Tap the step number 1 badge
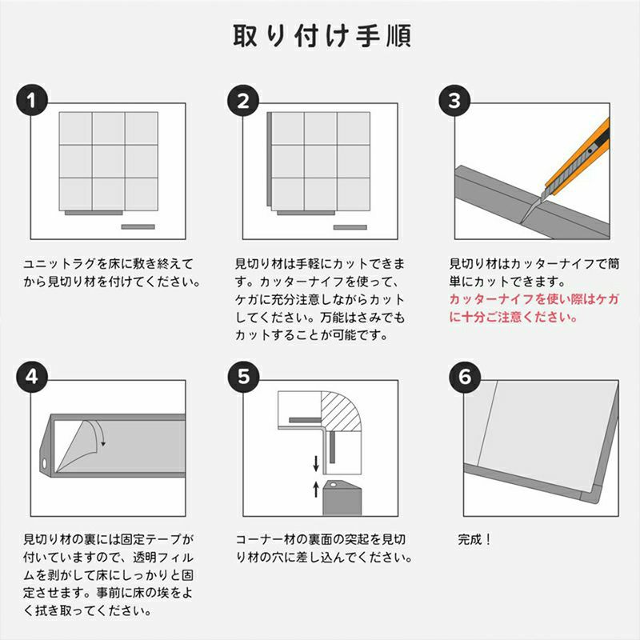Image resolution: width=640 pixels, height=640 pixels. [32, 102]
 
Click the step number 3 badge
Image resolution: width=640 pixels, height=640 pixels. [454, 102]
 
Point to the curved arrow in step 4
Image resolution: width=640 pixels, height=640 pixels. [99, 431]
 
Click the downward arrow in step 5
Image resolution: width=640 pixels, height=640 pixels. [316, 462]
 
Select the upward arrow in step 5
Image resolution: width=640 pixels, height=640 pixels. [316, 488]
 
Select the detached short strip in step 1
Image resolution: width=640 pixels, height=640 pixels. [137, 227]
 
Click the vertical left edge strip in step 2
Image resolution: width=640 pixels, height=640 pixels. [270, 161]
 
